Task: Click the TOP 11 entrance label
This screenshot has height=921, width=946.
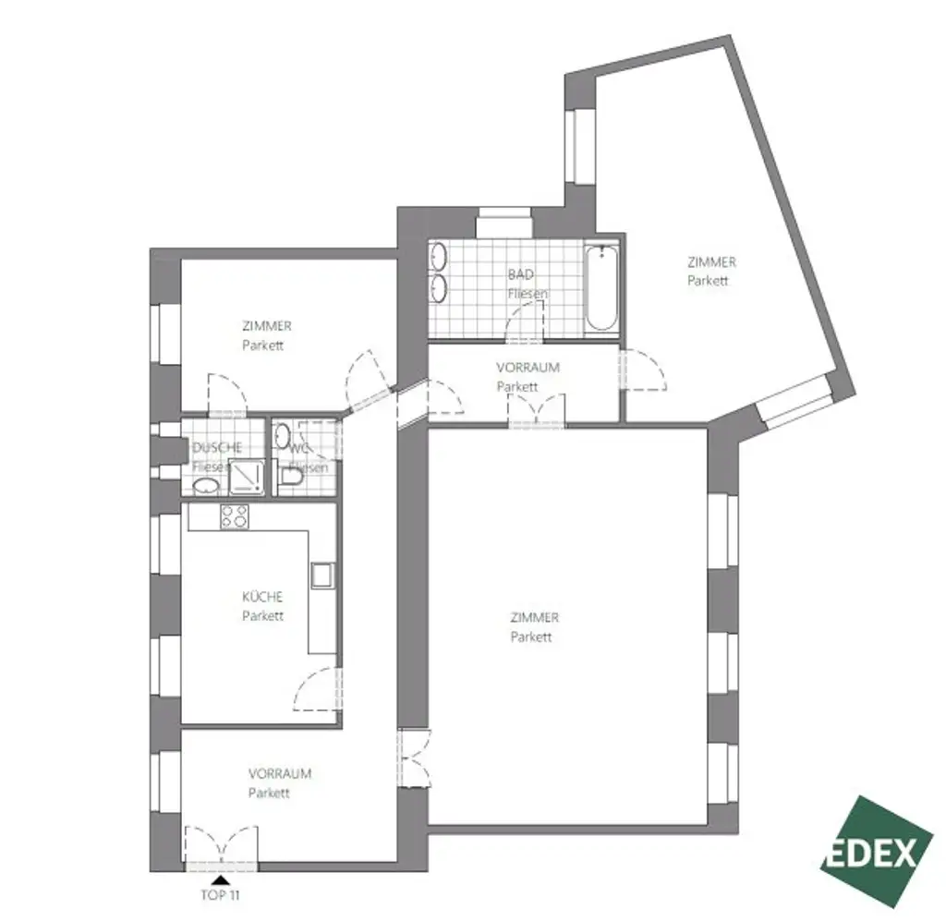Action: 221,893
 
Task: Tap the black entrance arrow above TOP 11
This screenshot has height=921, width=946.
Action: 221,879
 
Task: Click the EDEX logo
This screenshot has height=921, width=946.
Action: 875,851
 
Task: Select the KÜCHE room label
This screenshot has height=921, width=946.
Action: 262,597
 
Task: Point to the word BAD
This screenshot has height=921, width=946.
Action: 521,275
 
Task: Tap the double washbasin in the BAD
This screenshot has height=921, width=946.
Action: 439,273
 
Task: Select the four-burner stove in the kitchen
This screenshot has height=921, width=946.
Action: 235,517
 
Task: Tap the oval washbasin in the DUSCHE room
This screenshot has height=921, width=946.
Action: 211,487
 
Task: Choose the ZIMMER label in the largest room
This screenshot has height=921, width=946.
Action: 534,618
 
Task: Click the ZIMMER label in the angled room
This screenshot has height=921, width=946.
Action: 710,262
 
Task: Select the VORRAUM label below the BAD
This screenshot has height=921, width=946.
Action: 528,367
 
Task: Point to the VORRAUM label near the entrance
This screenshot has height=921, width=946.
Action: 279,774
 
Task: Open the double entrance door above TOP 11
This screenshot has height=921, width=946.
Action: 221,846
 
